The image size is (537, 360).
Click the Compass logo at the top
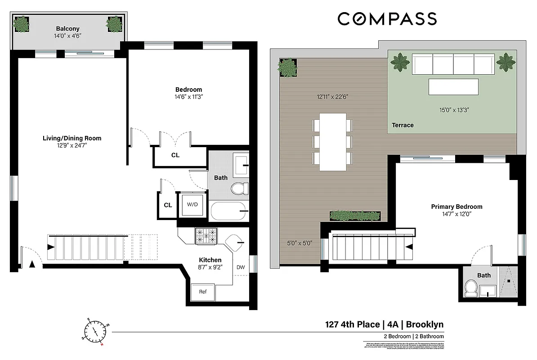[387, 19]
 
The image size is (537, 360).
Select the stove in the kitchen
[206, 236]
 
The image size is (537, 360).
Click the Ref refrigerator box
[203, 292]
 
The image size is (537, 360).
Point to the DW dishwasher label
[241, 267]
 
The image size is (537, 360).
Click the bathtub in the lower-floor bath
[229, 211]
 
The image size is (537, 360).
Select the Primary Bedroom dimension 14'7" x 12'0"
[456, 214]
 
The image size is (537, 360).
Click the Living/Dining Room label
[72, 138]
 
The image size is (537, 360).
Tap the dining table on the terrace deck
[333, 141]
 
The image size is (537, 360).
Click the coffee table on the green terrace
[453, 86]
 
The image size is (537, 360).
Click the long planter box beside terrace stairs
[355, 216]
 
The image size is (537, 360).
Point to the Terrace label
[403, 125]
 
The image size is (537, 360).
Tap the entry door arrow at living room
[31, 265]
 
